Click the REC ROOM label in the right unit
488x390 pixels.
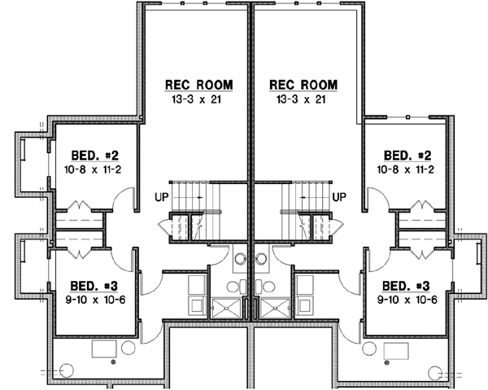point(302,85)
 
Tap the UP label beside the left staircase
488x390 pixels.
point(161,196)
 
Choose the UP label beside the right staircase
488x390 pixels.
point(340,196)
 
